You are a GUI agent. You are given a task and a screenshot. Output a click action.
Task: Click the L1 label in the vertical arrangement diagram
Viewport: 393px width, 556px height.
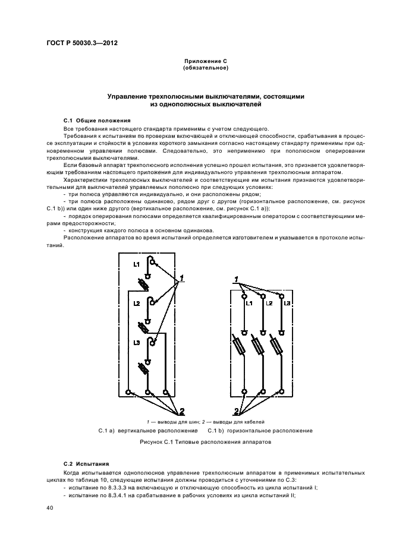[x=136, y=264]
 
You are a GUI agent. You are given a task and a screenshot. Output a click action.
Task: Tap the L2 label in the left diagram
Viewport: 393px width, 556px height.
[x=136, y=304]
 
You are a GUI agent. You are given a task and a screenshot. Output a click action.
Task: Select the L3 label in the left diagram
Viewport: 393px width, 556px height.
[x=136, y=343]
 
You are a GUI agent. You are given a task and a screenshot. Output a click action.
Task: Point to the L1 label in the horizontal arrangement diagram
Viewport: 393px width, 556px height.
[x=249, y=304]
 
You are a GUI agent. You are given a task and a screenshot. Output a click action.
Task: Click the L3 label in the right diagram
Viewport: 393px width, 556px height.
[x=287, y=304]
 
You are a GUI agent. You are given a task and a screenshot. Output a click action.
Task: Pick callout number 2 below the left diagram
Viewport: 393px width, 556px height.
[x=182, y=410]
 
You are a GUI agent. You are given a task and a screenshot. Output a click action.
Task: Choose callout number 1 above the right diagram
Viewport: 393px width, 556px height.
[x=236, y=279]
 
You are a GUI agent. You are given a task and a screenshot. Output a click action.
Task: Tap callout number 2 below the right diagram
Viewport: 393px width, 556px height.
[x=236, y=411]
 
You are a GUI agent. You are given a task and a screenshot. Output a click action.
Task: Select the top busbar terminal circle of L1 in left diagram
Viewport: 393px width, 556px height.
[x=153, y=261]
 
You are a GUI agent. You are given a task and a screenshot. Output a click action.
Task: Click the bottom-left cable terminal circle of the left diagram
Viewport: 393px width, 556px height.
[x=129, y=392]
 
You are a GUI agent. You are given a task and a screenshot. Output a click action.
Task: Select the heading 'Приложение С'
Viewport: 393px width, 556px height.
[x=206, y=62]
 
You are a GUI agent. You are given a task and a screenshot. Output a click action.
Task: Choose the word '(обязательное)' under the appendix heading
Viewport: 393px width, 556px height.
[x=206, y=68]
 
